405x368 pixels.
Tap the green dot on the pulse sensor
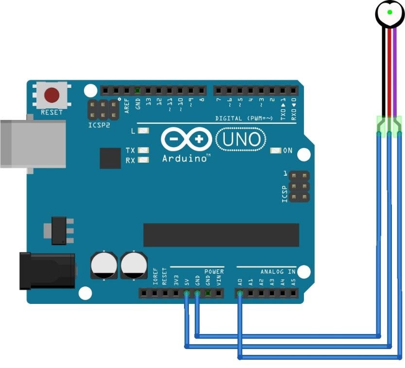coord(389,11)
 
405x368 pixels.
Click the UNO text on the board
coord(241,139)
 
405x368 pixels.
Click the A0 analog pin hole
coord(240,293)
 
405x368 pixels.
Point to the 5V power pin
coord(187,293)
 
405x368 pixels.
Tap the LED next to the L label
coord(144,131)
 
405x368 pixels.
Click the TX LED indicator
coord(144,151)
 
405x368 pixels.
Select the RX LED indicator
coord(144,160)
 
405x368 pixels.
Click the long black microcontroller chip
coord(221,235)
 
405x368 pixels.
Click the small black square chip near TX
coord(110,158)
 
